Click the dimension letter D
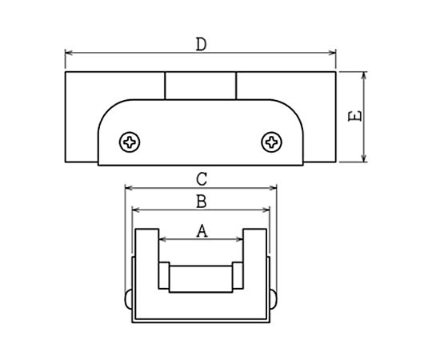[x=201, y=45]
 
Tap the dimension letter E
[x=355, y=116]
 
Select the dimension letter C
[x=202, y=179]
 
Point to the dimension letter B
[x=202, y=201]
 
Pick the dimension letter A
[x=202, y=231]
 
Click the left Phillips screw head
[x=130, y=142]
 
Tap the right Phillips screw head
[x=271, y=142]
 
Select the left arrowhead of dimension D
[x=69, y=53]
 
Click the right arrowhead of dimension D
[x=332, y=53]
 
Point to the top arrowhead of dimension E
[x=364, y=75]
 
